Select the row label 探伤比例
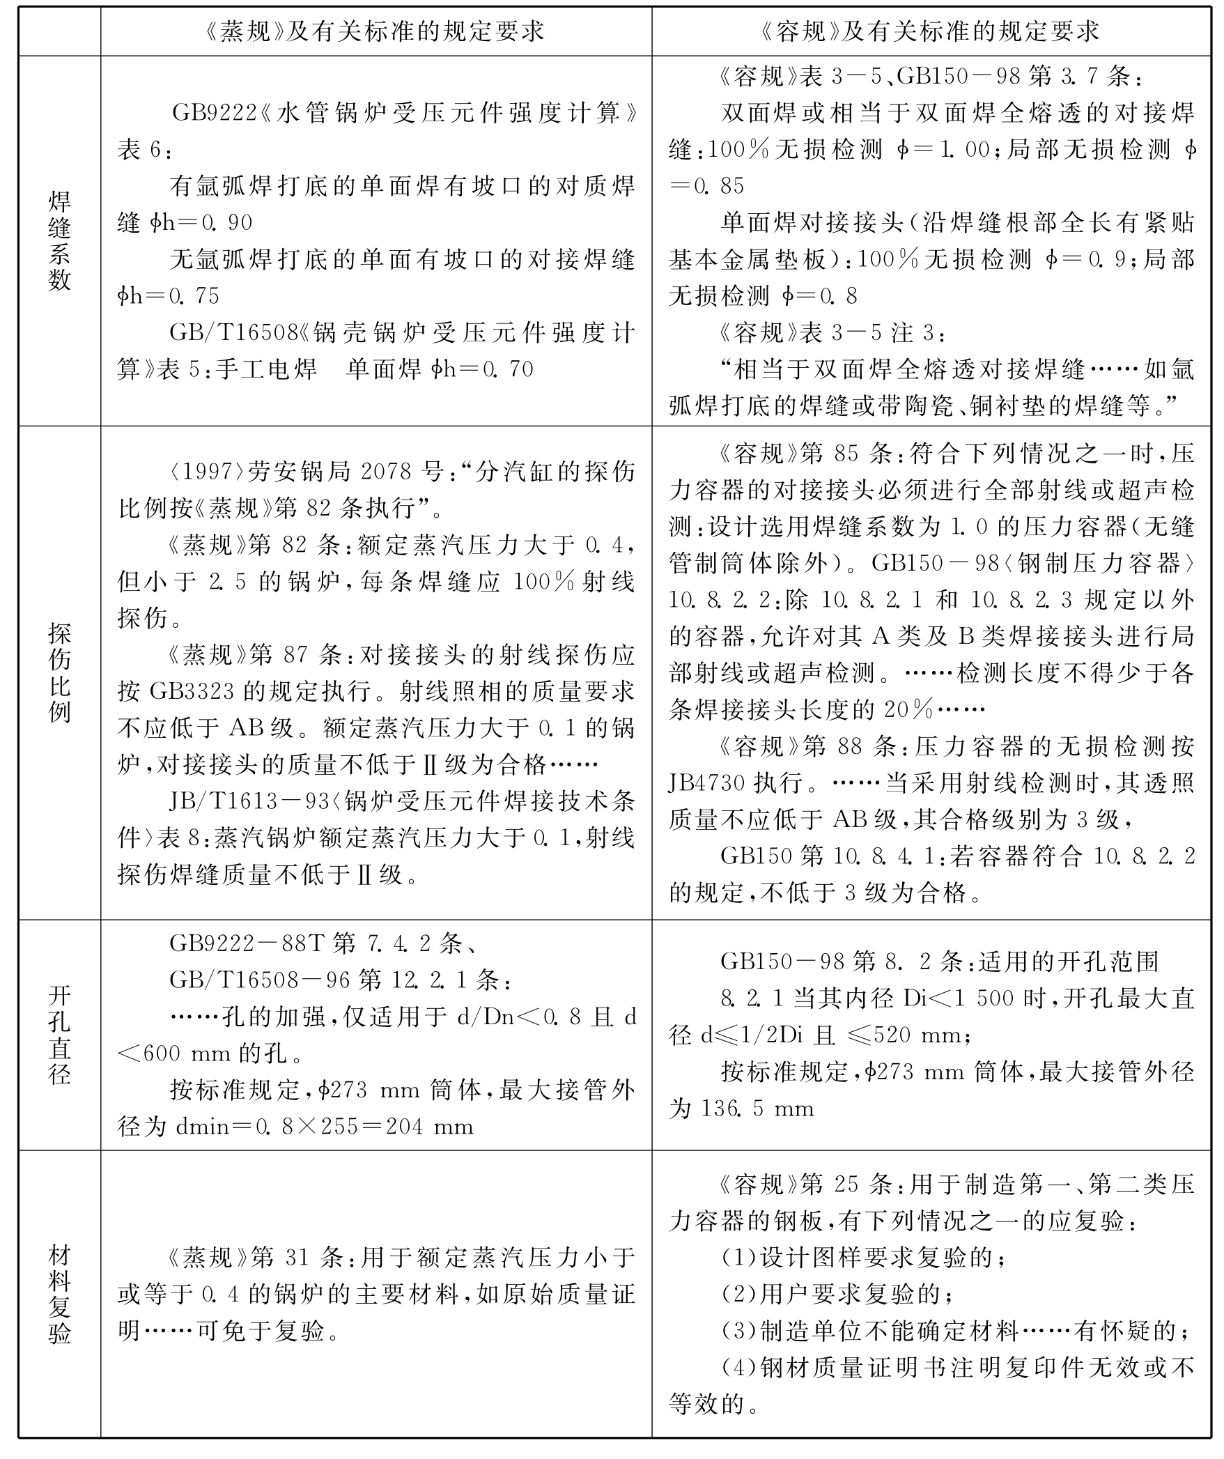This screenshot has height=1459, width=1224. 59,673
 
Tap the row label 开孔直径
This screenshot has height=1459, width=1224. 59,1035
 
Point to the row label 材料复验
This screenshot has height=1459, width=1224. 59,1295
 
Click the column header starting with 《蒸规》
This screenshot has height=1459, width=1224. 375,31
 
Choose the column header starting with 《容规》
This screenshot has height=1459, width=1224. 931,31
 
